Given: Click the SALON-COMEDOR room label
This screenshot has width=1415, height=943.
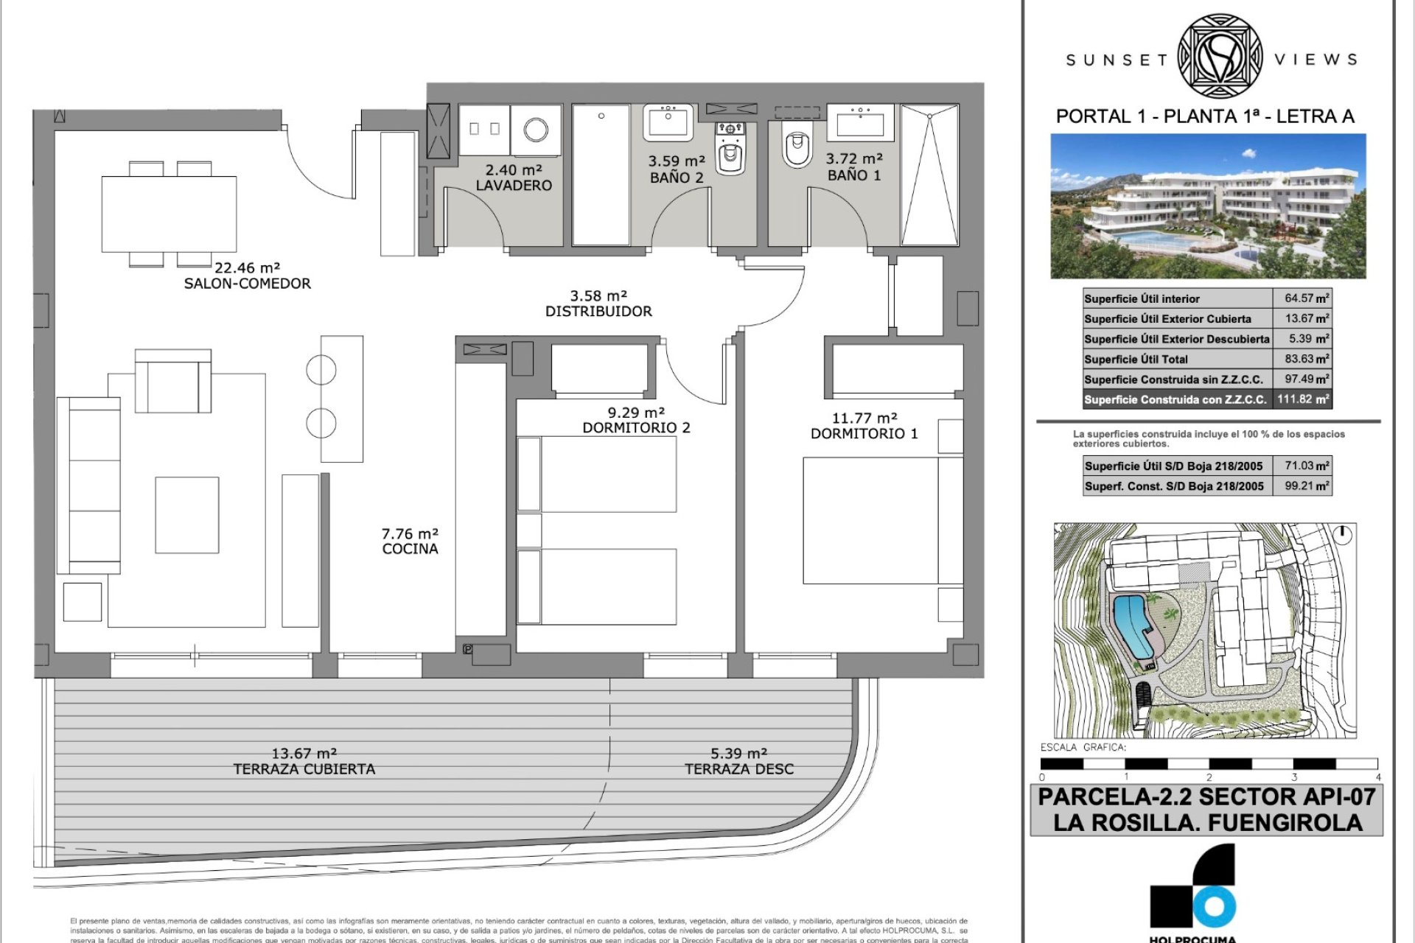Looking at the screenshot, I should click(x=247, y=284).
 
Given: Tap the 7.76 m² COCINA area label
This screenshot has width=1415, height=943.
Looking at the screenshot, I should click(x=410, y=541).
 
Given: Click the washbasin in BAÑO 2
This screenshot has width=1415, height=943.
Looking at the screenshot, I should click(x=668, y=122).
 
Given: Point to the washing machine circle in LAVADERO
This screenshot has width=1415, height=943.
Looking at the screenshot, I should click(x=536, y=130).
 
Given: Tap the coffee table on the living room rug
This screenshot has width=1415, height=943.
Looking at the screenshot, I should click(x=186, y=515).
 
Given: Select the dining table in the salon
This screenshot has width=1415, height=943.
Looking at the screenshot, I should click(x=169, y=214).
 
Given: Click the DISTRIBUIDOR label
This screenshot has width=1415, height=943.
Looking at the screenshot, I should click(x=598, y=312).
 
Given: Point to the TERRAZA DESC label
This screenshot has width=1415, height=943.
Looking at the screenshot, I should click(x=739, y=769).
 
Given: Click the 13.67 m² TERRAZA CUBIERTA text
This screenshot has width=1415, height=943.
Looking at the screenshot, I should click(x=304, y=761).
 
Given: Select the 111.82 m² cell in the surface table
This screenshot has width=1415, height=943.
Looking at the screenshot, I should click(x=1302, y=399).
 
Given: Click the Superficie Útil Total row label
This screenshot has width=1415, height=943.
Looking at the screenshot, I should click(x=1136, y=360).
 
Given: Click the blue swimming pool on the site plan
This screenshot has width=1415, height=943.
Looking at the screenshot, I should click(x=1131, y=627).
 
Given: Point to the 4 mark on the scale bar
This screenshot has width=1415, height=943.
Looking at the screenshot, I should click(x=1377, y=777).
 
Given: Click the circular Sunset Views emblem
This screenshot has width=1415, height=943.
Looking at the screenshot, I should click(x=1220, y=57).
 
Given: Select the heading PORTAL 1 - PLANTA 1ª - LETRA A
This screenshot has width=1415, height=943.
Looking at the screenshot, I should click(x=1205, y=116).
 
